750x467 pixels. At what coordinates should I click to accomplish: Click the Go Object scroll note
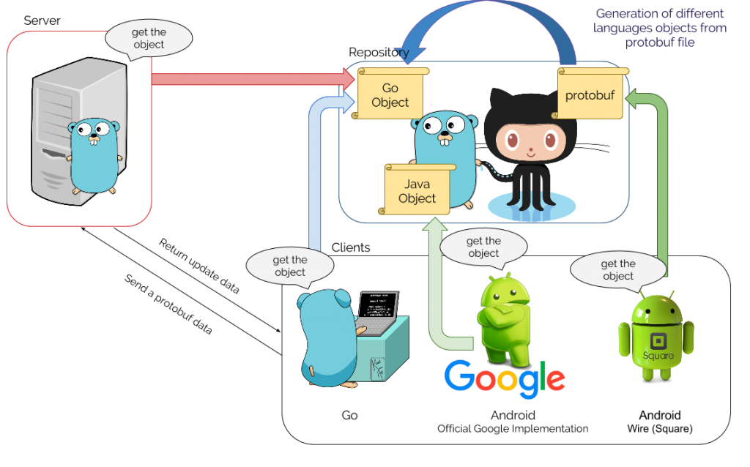(x=390, y=95)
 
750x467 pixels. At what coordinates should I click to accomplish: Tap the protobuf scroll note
(x=590, y=94)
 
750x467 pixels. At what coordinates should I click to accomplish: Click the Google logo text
(x=505, y=377)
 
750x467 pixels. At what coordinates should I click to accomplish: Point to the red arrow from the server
(x=249, y=78)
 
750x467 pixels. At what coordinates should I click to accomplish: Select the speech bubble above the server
(x=149, y=38)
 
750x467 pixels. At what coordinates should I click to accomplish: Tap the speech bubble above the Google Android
(x=483, y=247)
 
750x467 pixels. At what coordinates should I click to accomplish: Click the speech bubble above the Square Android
(x=618, y=269)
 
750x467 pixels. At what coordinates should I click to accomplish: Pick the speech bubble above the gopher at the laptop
(x=290, y=266)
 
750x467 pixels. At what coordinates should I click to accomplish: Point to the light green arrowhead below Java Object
(x=434, y=228)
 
